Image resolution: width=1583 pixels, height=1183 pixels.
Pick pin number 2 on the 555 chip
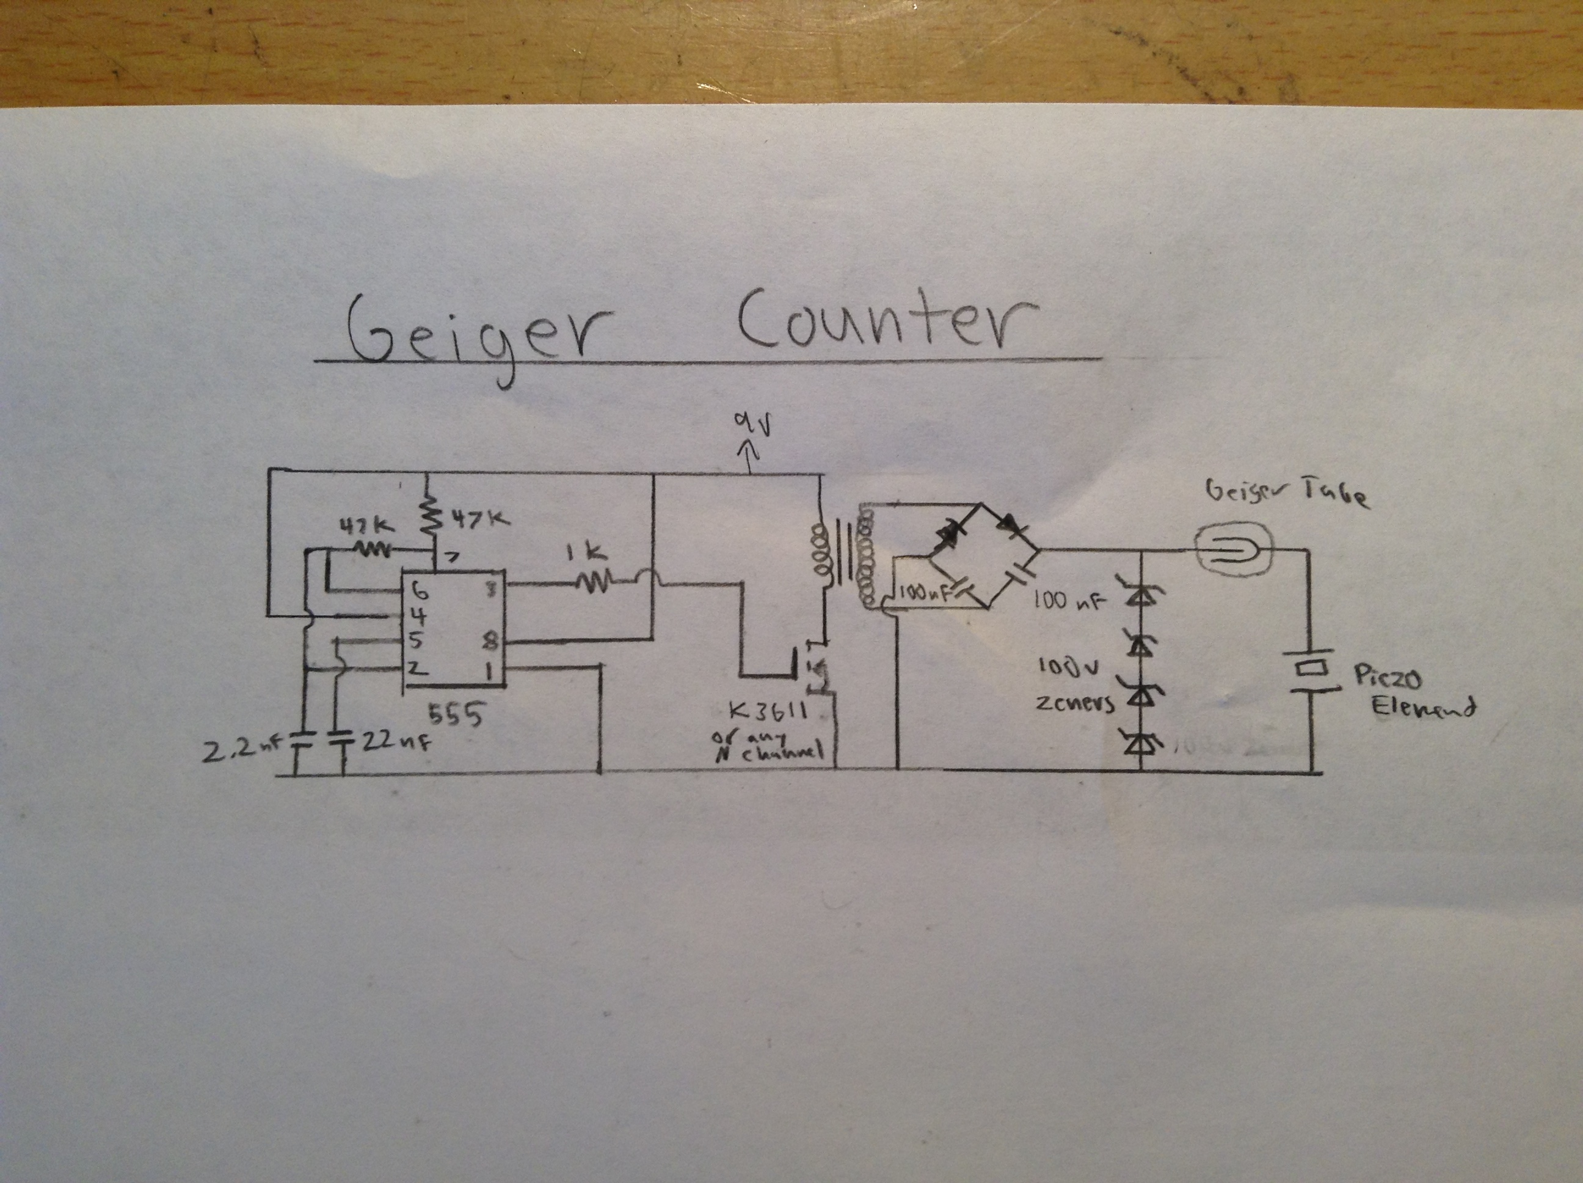(x=413, y=668)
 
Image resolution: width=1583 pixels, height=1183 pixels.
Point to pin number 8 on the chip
(x=491, y=642)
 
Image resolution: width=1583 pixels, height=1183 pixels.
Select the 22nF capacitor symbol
(x=341, y=738)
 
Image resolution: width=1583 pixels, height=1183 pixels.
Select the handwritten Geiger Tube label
(x=1287, y=494)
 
